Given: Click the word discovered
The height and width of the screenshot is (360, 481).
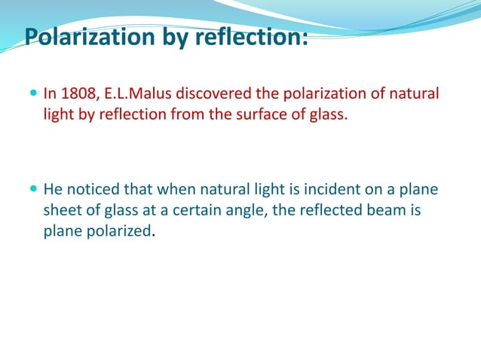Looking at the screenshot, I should click(213, 94).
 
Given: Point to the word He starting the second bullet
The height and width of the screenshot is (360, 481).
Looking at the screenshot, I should click(53, 188).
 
